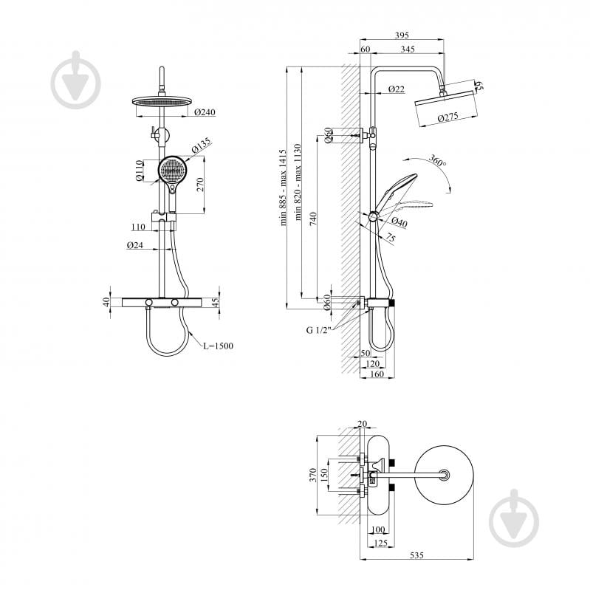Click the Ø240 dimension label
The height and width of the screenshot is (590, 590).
(204, 113)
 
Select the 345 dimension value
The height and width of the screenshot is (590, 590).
(407, 50)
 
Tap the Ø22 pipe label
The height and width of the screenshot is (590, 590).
(396, 89)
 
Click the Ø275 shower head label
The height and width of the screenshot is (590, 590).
(450, 117)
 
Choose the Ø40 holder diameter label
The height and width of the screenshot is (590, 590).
(399, 221)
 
